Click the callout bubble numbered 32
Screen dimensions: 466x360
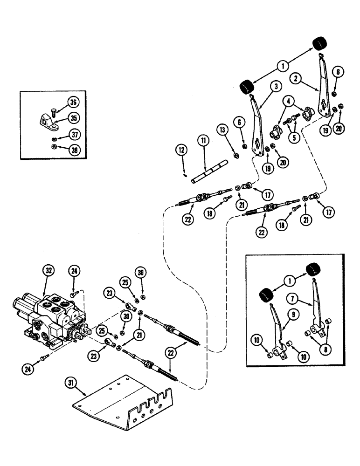tap(49, 270)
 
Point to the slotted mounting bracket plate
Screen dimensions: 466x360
tap(126, 397)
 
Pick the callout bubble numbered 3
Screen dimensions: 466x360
tap(277, 87)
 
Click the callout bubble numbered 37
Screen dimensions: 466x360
tap(72, 135)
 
